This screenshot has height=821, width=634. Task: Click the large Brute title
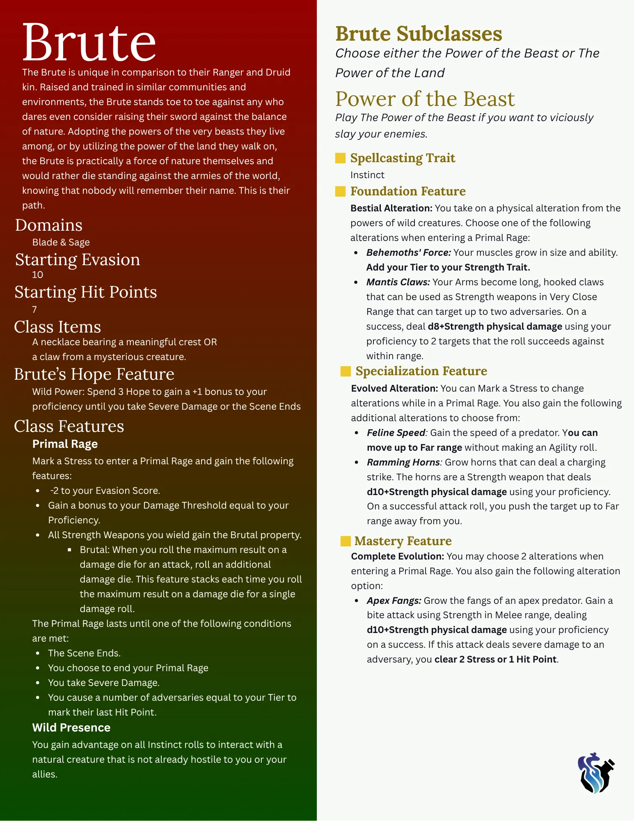click(x=89, y=43)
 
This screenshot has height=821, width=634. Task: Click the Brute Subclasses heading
click(x=419, y=34)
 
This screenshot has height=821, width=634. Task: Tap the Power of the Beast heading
click(x=425, y=99)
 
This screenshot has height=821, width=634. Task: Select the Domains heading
click(x=49, y=225)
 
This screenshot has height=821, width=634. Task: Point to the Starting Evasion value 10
click(x=37, y=275)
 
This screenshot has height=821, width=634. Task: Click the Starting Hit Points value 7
click(x=34, y=310)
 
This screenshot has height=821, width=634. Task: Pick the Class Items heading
click(x=57, y=327)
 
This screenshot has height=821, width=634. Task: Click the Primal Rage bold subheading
click(x=65, y=444)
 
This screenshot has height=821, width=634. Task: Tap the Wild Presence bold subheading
click(x=71, y=728)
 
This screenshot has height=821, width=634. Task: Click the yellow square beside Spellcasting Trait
click(x=340, y=158)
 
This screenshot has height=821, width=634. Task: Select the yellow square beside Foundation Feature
click(x=340, y=191)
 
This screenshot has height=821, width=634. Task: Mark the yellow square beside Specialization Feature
click(x=346, y=372)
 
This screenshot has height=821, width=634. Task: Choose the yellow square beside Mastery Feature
click(x=346, y=541)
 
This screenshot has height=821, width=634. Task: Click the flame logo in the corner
click(x=595, y=773)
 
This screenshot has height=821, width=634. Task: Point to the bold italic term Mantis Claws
click(x=398, y=282)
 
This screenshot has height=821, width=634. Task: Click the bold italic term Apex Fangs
click(x=394, y=601)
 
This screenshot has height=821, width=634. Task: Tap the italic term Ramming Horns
click(x=403, y=463)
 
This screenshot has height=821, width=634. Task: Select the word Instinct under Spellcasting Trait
click(x=367, y=175)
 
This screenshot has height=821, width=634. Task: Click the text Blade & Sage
click(x=61, y=243)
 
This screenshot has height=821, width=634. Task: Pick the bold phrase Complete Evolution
click(x=397, y=557)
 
